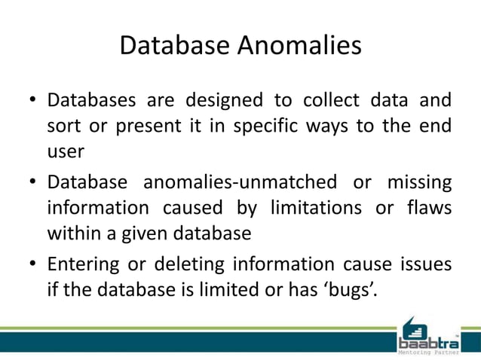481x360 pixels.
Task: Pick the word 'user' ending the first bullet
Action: [65, 151]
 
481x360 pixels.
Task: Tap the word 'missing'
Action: [418, 183]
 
